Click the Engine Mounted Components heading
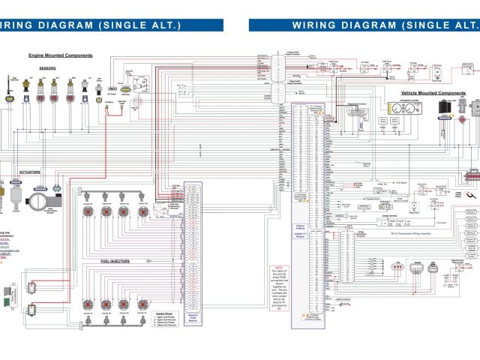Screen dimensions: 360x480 pos(60,55)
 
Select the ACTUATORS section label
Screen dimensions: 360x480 pos(29,171)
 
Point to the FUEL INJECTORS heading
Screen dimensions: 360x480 pos(115,261)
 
